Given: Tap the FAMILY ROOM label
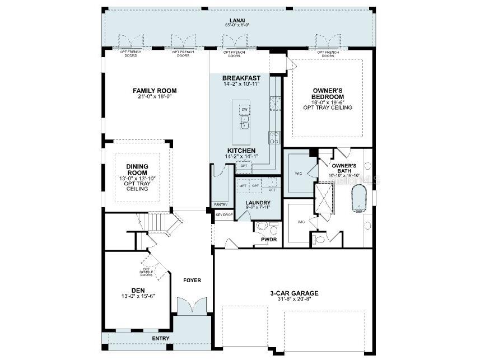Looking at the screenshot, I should (155, 90).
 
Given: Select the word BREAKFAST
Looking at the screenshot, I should (241, 78).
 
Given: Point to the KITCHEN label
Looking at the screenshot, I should (241, 151).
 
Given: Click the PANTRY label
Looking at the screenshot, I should (221, 205).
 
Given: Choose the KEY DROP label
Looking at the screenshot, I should (224, 214).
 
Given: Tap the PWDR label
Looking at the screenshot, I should (269, 239).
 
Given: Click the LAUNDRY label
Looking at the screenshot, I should (258, 203).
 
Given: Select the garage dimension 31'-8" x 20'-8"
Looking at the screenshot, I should (294, 300).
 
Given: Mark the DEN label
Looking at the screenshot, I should (138, 290).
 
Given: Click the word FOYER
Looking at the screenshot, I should (192, 280).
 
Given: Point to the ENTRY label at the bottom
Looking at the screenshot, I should (161, 338).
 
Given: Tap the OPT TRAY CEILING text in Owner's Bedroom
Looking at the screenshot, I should (328, 107).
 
